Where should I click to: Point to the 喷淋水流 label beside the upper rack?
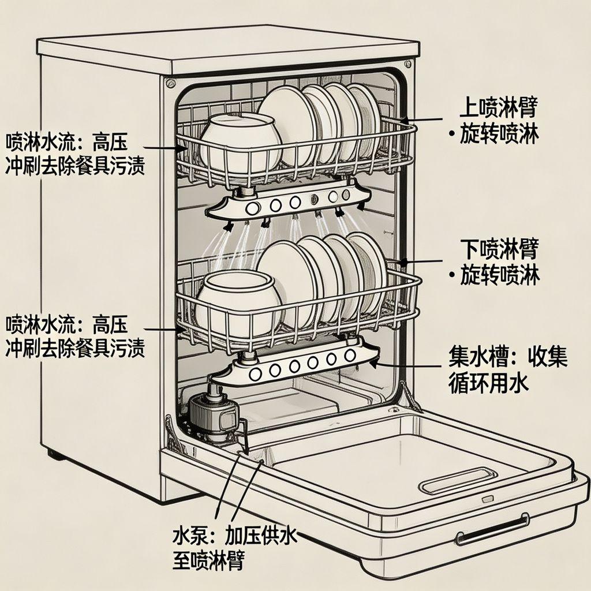(39, 141)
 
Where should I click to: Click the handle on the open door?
(492, 530)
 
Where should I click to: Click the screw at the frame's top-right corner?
(408, 63)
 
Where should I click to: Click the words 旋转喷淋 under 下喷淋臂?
(500, 276)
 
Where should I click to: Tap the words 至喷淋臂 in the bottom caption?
(208, 560)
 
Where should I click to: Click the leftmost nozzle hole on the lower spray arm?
(254, 373)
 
